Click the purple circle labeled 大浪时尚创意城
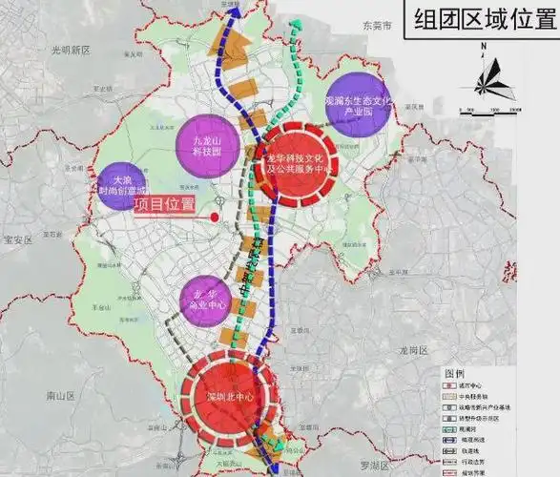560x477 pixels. point(121,181)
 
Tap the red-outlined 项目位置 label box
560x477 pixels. point(164,204)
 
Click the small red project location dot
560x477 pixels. point(215,218)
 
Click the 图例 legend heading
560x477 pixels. point(454,373)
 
